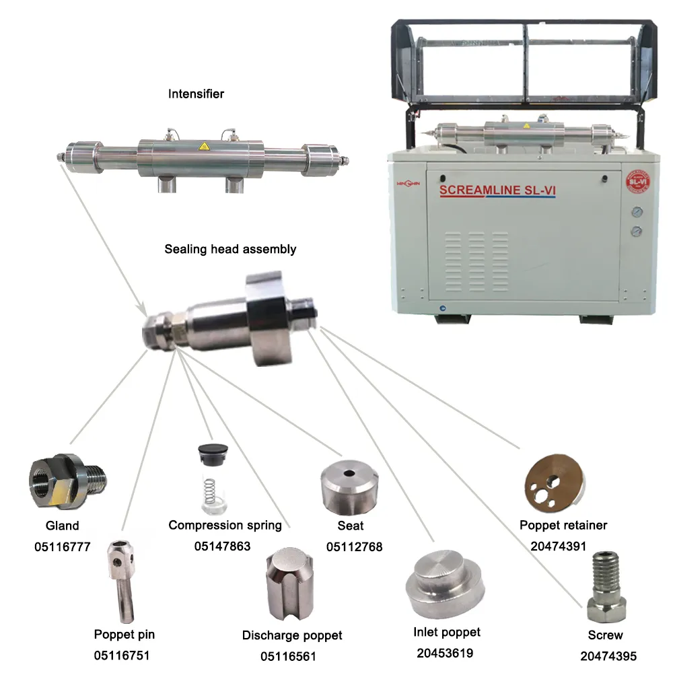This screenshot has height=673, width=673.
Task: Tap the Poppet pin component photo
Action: [x=120, y=579]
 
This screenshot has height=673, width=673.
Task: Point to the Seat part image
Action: [x=349, y=484]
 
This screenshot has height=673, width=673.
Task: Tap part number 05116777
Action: [x=62, y=547]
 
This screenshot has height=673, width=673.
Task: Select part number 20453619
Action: [x=445, y=653]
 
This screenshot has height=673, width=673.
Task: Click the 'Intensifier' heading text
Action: [x=196, y=94]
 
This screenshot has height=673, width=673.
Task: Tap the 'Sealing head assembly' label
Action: [x=230, y=249]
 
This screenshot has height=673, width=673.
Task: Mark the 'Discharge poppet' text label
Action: [x=292, y=635]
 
